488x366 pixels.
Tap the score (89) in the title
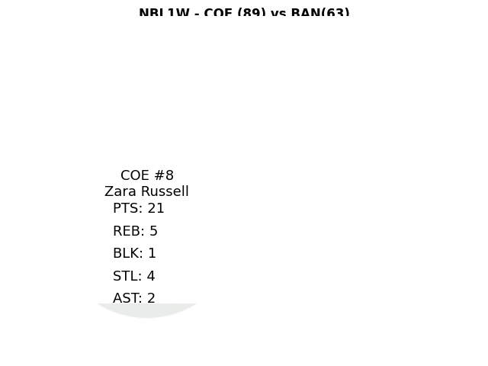251,14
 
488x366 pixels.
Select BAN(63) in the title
319,14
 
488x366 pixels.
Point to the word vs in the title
278,14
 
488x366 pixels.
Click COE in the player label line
135,175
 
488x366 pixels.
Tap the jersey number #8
164,175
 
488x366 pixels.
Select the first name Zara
120,191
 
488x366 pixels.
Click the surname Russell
165,191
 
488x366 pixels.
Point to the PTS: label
128,208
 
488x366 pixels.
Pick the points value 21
156,208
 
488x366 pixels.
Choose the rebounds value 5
154,231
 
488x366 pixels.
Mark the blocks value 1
152,253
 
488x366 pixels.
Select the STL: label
127,276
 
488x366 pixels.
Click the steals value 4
151,276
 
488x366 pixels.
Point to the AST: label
127,298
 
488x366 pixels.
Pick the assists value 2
151,298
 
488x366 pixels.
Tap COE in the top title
218,14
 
